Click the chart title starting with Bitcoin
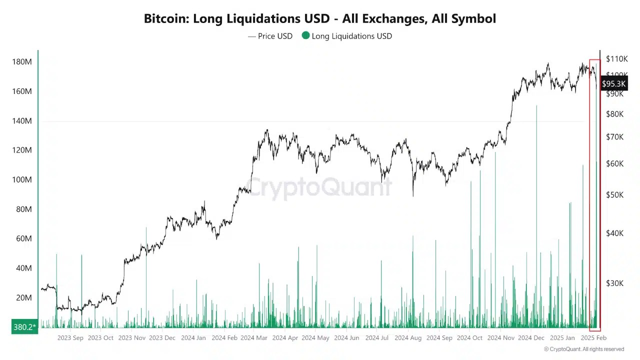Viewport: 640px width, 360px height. [x=320, y=19]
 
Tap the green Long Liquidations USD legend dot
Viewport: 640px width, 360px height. [x=305, y=35]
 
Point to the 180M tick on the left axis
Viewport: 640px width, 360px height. [x=21, y=62]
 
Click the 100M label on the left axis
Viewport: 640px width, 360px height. [x=21, y=179]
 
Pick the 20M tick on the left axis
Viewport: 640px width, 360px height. [x=23, y=297]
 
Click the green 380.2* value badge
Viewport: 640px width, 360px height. [x=24, y=327]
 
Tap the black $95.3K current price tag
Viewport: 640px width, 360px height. [x=613, y=83]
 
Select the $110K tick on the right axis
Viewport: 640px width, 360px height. [x=616, y=59]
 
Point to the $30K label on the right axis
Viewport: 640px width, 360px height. [x=614, y=283]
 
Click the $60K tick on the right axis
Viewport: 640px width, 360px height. [x=614, y=163]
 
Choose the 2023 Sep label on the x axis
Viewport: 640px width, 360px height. [x=70, y=338]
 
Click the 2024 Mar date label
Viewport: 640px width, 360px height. [x=254, y=338]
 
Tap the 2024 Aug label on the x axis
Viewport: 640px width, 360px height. [x=408, y=338]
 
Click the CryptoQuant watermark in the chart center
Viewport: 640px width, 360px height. [x=320, y=187]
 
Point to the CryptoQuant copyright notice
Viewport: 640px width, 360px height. [x=584, y=349]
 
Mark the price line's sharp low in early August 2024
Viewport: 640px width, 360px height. [x=413, y=195]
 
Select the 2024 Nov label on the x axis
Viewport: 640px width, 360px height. [x=501, y=338]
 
